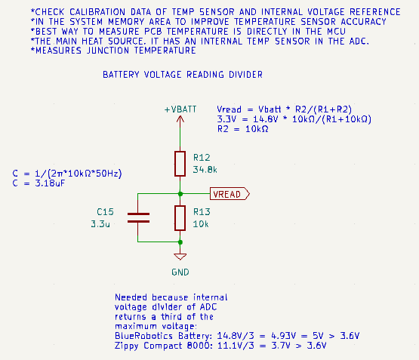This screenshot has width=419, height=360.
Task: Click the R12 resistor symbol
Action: pos(180,164)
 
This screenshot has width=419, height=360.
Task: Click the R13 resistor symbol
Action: pos(180,218)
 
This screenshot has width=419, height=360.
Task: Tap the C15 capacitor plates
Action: pos(138,217)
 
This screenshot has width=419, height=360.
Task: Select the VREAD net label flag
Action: pos(230,194)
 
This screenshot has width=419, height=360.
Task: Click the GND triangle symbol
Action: pos(180,257)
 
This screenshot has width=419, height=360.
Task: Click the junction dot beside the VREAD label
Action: pos(180,194)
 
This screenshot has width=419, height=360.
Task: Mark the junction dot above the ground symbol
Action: pos(180,242)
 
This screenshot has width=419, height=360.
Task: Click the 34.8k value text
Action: pos(205,170)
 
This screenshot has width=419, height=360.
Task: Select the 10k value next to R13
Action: pos(201,224)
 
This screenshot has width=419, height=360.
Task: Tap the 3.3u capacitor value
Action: pos(100,224)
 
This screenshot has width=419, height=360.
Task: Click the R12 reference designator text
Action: pos(202,158)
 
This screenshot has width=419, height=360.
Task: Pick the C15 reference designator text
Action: pos(105,212)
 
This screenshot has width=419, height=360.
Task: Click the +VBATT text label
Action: pos(180,109)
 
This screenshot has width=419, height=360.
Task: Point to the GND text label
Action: pos(180,272)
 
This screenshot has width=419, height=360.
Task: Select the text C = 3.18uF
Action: pos(39,183)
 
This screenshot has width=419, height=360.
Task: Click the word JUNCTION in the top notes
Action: pos(108,51)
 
